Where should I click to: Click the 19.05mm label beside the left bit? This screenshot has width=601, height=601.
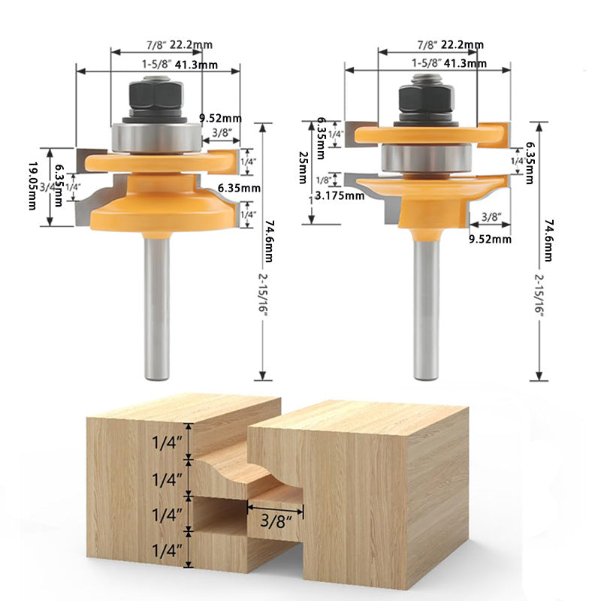click(32, 186)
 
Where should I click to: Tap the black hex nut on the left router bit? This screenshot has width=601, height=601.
click(156, 95)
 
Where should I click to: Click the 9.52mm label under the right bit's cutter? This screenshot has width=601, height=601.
click(490, 239)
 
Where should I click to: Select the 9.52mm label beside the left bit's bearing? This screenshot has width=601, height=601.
click(220, 117)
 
